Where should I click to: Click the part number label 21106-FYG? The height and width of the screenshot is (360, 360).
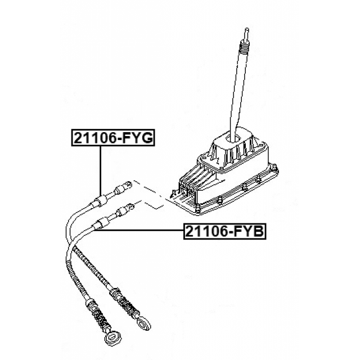113,138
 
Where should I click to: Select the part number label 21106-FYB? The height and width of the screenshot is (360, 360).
225,231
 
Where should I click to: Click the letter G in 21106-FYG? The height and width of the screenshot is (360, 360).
146,138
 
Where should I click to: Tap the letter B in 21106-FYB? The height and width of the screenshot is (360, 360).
258,231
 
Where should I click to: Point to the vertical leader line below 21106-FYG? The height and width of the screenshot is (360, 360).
100,171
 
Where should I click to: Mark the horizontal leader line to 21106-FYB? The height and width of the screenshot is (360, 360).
139,230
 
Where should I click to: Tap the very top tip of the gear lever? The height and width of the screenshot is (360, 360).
247,29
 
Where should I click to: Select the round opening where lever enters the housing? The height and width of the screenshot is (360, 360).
233,138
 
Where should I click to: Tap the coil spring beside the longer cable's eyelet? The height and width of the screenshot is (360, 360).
101,317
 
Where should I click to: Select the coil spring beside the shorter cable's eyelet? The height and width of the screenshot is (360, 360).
130,305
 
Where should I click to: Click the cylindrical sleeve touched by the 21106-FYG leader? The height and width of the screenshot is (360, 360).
101,201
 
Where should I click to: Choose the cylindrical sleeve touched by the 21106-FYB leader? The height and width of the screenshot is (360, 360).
101,223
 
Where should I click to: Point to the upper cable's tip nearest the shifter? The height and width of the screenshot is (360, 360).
129,184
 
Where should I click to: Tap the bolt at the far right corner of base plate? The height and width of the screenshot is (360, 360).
274,167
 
